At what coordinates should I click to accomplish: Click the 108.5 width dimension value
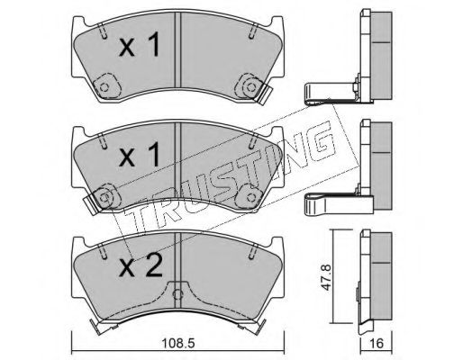178,343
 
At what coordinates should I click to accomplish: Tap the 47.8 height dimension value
325,277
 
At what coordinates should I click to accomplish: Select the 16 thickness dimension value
377,343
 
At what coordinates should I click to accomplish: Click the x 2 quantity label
141,265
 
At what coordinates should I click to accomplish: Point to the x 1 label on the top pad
139,45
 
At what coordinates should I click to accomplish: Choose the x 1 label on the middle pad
139,155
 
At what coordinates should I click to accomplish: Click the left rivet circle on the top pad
104,87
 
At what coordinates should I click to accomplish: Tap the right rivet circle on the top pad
250,87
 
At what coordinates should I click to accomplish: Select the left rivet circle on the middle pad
104,197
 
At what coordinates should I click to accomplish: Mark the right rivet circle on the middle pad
250,197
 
